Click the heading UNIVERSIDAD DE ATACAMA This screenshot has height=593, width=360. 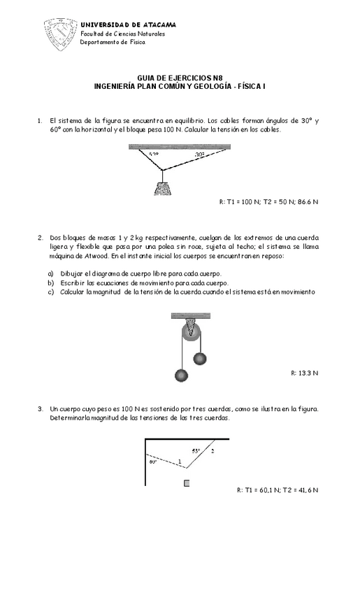(x=129, y=24)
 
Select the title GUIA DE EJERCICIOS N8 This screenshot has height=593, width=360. (x=180, y=78)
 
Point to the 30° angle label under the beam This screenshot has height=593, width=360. (x=200, y=155)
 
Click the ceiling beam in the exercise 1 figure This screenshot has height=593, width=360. (x=180, y=146)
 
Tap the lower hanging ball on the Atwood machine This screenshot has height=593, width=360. (x=182, y=376)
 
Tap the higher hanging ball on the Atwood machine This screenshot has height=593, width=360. (x=200, y=359)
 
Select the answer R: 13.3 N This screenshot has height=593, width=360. (x=304, y=373)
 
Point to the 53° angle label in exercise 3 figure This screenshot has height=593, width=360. (x=196, y=450)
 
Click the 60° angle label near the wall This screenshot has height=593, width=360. (x=152, y=462)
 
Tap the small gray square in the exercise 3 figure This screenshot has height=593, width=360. (x=186, y=483)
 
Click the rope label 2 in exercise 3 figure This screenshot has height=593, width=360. (x=213, y=451)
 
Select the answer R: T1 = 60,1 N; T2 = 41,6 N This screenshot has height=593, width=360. (x=278, y=490)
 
